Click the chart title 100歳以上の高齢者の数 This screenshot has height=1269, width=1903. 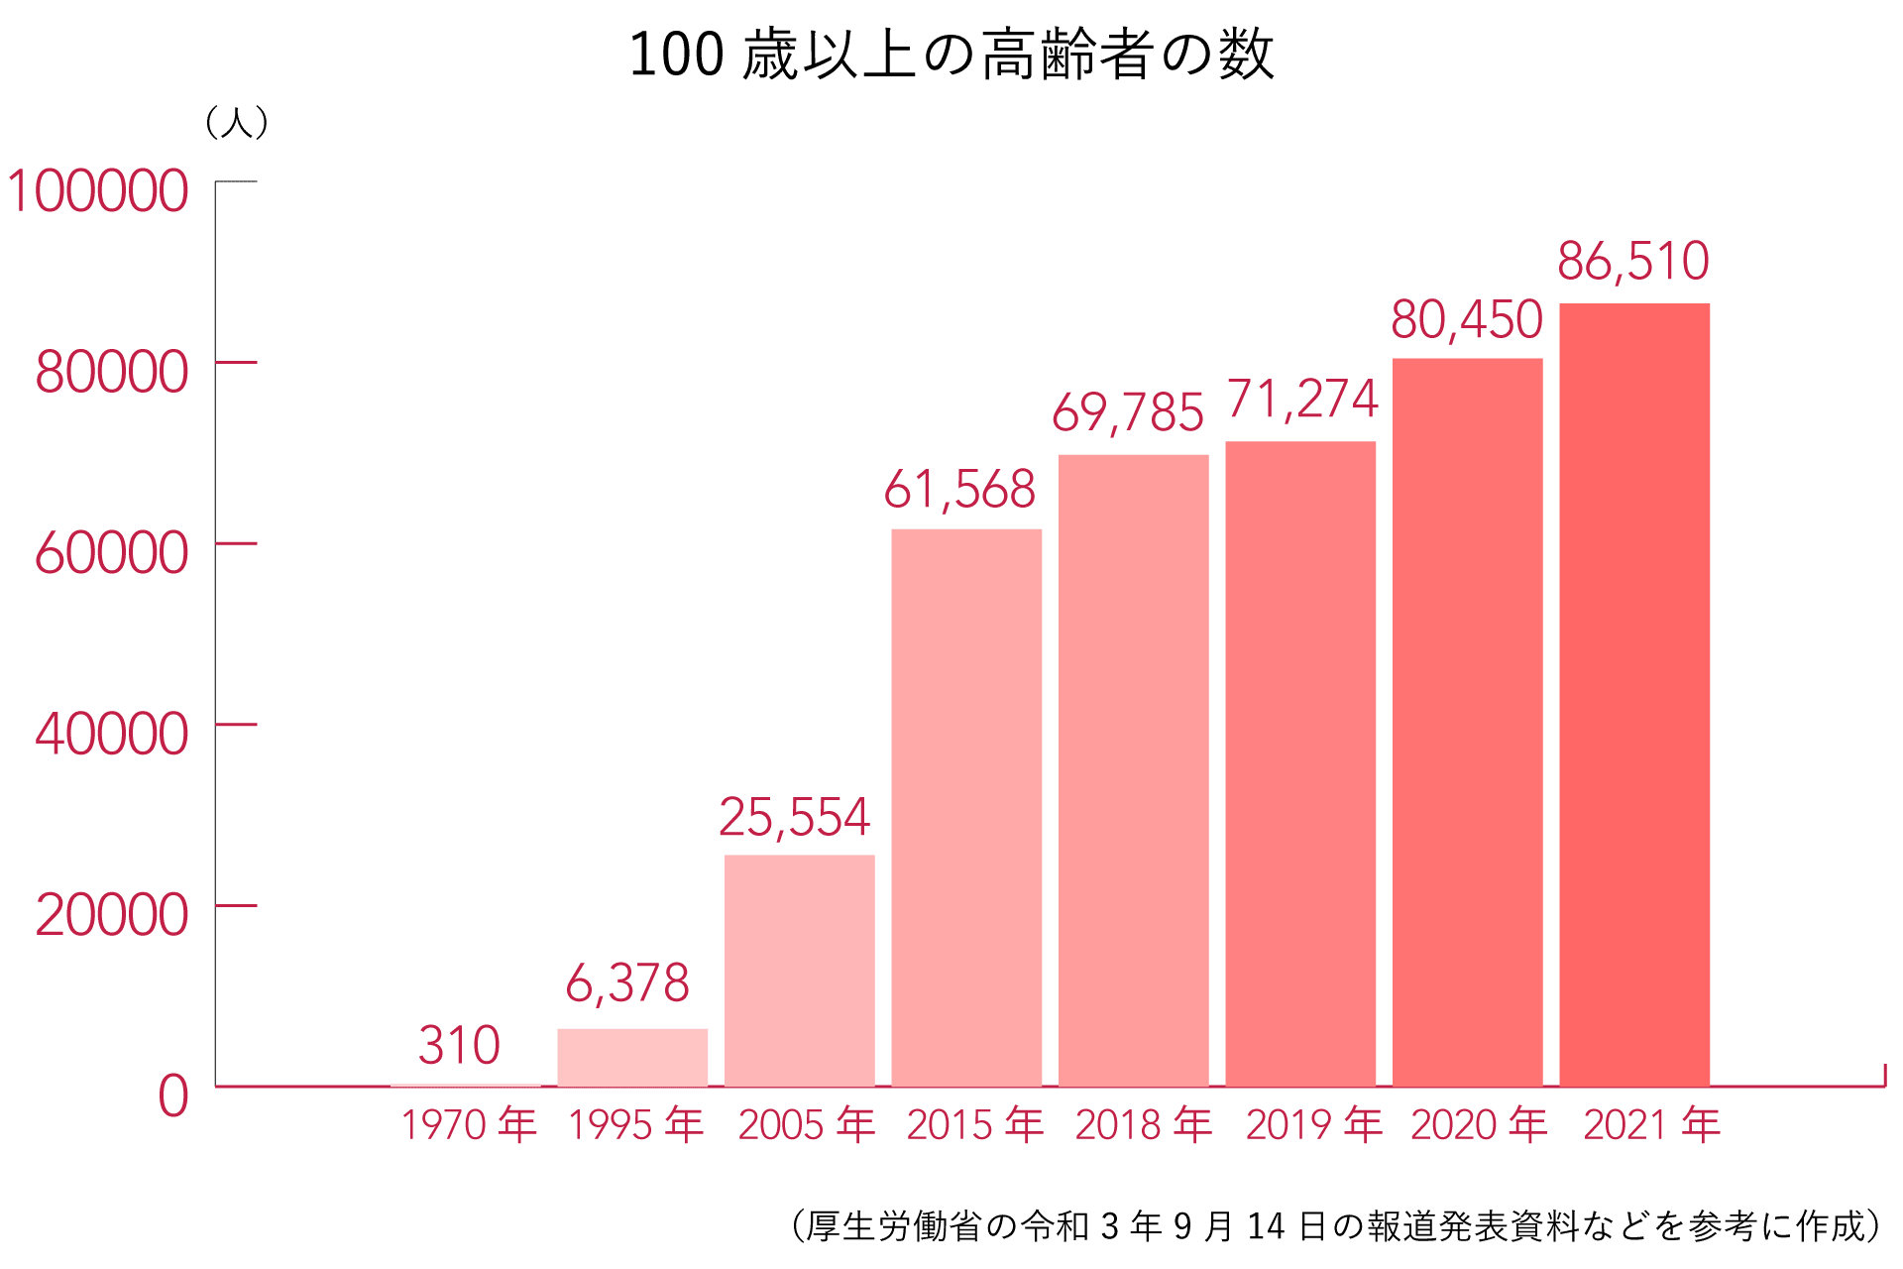coord(951,55)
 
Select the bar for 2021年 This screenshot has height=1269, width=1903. coord(1634,694)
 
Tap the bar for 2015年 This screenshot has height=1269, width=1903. coord(966,807)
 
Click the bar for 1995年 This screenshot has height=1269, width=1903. coord(632,1057)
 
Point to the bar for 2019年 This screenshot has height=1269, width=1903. coord(1300,763)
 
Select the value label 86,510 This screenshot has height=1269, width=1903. coord(1633,262)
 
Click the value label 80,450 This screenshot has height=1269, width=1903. coord(1467,320)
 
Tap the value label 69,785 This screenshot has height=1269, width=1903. coord(1128,413)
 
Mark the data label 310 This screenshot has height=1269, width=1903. coord(459,1046)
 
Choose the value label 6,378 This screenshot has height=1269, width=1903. coord(627,983)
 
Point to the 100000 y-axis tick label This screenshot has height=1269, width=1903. coord(97,191)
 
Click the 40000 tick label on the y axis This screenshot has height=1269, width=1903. coord(111,735)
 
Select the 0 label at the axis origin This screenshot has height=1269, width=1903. coord(173,1096)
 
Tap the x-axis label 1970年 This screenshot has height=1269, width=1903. coord(469,1125)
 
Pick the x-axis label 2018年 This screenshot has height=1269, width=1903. coord(1144,1125)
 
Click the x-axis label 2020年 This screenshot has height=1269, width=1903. coord(1479,1125)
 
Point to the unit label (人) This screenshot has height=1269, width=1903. coord(236,123)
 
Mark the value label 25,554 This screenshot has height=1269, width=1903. coord(794,818)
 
